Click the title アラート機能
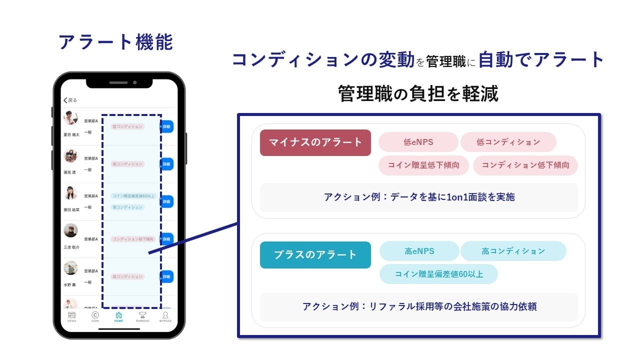[x=115, y=42]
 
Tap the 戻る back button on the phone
[x=69, y=100]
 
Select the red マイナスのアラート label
[x=315, y=142]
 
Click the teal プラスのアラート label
[x=315, y=254]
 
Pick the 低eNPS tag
[x=418, y=142]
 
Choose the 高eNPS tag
[x=419, y=251]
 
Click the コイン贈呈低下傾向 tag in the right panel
[x=423, y=165]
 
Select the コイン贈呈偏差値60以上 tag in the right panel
[x=438, y=274]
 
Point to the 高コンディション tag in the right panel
[x=513, y=251]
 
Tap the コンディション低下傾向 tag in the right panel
[x=525, y=165]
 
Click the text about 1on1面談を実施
[x=418, y=197]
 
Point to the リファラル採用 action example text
[x=418, y=306]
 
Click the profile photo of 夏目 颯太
[x=70, y=118]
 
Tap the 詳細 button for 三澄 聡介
[x=166, y=239]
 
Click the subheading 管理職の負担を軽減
[x=418, y=93]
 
